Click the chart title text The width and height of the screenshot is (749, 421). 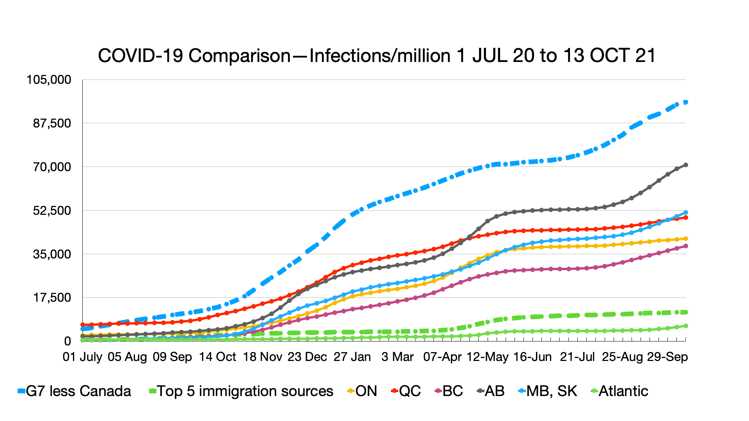coord(376,56)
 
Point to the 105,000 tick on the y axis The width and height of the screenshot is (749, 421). coord(49,80)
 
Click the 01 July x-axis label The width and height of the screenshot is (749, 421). coord(82,357)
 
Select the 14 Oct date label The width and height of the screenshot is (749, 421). coord(217,357)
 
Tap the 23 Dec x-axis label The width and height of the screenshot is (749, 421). coord(307,357)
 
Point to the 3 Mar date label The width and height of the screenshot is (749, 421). coord(398,357)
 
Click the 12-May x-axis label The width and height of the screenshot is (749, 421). coord(488,357)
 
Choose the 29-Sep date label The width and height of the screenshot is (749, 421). coord(667,357)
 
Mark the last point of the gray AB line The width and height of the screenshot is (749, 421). coord(686,165)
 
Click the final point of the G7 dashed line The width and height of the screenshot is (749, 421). coord(686,102)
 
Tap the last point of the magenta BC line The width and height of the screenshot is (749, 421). coord(686,246)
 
